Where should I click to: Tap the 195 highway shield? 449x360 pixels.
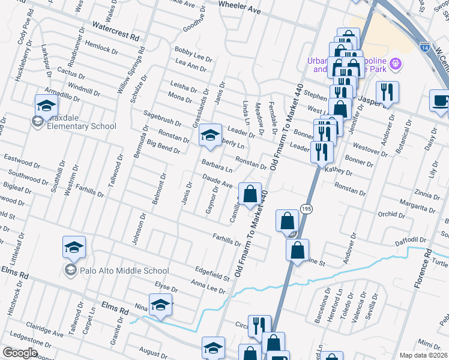click(307, 208)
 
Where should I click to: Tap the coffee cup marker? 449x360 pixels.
click(441, 100)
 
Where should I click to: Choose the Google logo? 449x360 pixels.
click(19, 353)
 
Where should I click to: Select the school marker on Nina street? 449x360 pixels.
click(160, 305)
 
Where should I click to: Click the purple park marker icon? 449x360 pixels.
click(395, 63)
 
